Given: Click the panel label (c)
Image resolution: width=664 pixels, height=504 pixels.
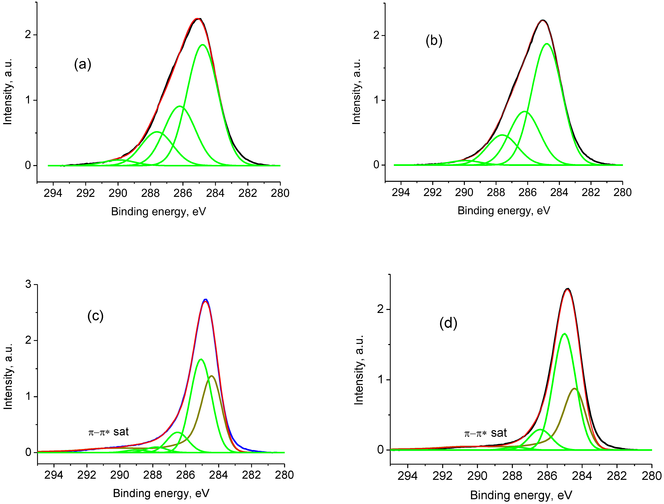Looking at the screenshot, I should point(96,316).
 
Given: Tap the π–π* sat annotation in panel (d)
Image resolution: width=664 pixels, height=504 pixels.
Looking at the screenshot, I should point(485,433).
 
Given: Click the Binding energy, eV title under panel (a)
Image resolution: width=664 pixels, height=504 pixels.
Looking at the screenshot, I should point(158,212).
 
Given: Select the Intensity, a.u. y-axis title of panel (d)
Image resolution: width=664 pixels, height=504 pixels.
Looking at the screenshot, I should point(359,370).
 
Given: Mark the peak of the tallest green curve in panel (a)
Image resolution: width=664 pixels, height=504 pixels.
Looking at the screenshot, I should point(203,45).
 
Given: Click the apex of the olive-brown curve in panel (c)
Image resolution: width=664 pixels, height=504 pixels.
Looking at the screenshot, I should point(212,376).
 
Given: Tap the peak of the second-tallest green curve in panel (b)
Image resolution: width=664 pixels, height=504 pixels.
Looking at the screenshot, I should point(524,111).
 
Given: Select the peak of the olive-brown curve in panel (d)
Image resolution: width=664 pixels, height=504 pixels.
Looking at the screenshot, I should point(574,389).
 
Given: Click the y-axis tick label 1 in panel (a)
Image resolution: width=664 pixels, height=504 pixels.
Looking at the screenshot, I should point(28,100).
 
